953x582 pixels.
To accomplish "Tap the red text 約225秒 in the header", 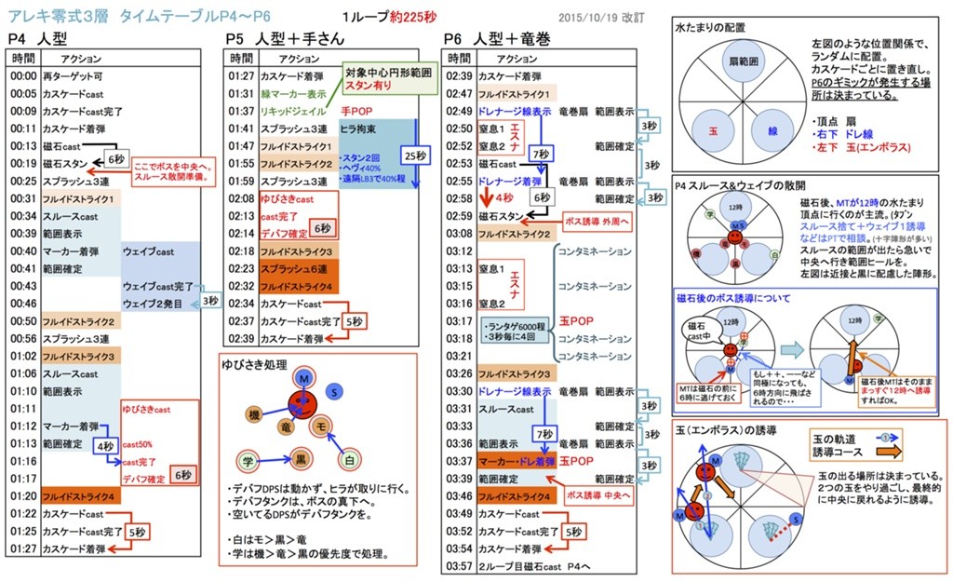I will (417, 17).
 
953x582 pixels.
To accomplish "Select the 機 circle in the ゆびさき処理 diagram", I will (253, 414).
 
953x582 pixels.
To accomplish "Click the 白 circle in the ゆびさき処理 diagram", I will (350, 460).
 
